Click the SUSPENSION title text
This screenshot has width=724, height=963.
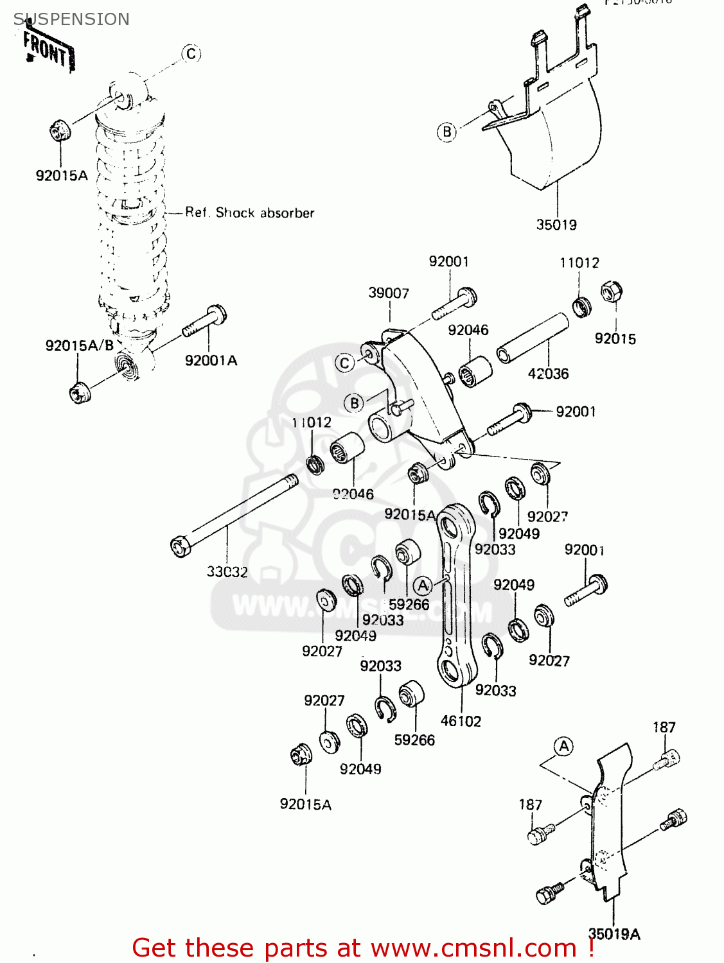[x=71, y=19]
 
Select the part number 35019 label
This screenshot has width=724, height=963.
[x=556, y=225]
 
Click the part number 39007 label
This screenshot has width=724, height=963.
[x=388, y=293]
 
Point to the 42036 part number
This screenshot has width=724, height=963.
[x=548, y=374]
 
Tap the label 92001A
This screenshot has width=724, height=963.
[x=211, y=361]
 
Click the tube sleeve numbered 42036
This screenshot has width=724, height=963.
[x=533, y=338]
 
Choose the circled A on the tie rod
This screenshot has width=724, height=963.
[x=423, y=586]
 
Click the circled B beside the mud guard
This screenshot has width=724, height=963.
[x=447, y=132]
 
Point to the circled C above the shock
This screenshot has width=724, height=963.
[x=191, y=54]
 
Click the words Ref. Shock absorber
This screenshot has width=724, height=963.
[x=249, y=213]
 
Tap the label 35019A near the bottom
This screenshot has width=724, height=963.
[x=614, y=934]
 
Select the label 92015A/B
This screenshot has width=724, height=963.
[x=79, y=345]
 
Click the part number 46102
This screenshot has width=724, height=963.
[x=461, y=721]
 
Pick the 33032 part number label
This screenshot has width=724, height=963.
[x=227, y=571]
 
